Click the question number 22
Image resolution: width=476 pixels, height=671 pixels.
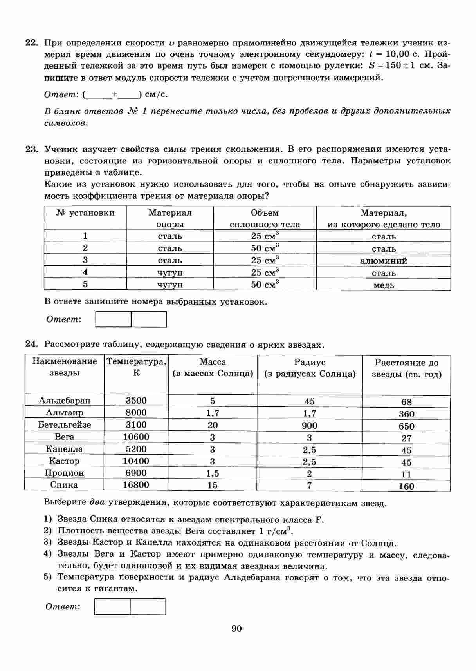click(31, 43)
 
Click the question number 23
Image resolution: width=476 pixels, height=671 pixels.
click(31, 149)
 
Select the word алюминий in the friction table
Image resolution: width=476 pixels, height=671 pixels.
click(384, 261)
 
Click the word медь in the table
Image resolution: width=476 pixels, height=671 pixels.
click(384, 285)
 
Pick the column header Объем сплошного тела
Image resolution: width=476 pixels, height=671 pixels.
click(265, 218)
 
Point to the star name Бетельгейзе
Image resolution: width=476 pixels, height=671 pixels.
click(64, 424)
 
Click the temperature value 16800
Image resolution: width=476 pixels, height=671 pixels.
click(136, 485)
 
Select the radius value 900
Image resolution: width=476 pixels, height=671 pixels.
click(309, 426)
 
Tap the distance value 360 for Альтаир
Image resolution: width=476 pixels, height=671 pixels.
click(406, 414)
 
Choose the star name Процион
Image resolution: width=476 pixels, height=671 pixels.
click(64, 473)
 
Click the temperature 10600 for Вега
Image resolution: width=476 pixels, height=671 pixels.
click(136, 437)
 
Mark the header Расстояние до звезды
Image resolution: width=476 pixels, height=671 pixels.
click(406, 368)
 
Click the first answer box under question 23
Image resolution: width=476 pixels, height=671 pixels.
click(114, 319)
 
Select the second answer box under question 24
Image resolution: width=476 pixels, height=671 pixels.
click(148, 606)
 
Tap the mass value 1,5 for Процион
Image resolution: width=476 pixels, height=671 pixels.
click(213, 473)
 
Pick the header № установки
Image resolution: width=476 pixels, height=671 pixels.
click(85, 213)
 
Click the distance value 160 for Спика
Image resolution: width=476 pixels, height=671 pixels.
click(406, 486)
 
